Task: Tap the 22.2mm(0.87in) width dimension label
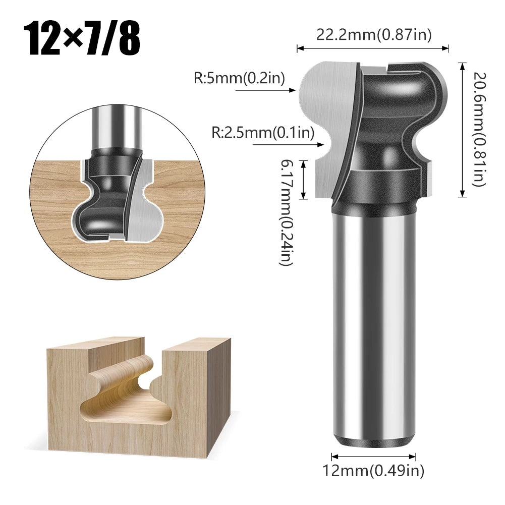click(374, 35)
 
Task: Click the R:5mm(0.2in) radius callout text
click(240, 78)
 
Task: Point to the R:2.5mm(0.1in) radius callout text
click(262, 133)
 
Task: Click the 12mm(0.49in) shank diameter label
click(373, 471)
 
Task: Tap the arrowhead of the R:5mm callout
click(292, 91)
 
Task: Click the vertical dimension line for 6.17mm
click(303, 179)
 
